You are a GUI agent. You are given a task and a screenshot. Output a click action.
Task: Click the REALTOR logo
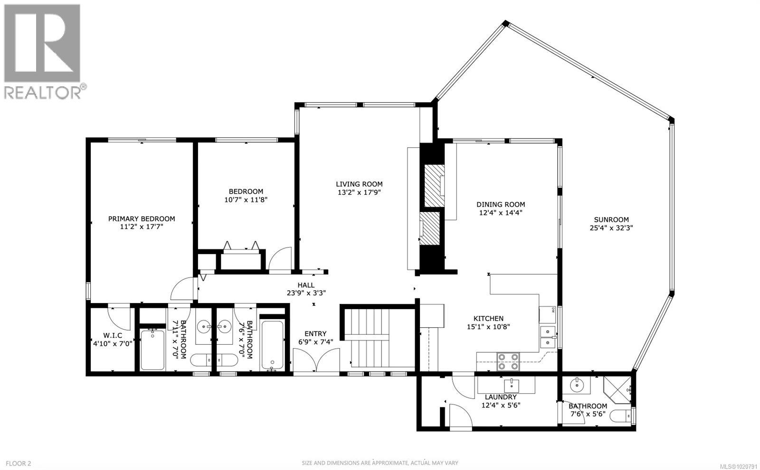pyautogui.click(x=42, y=51)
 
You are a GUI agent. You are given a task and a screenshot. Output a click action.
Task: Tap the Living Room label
pyautogui.click(x=359, y=184)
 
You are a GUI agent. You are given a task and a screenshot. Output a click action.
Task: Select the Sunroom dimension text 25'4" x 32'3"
pyautogui.click(x=611, y=228)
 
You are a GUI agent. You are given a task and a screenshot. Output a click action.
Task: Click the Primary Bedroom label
pyautogui.click(x=142, y=219)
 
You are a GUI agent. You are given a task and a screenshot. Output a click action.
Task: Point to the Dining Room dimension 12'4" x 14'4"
pyautogui.click(x=501, y=212)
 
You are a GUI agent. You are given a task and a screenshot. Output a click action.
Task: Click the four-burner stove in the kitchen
pyautogui.click(x=508, y=361)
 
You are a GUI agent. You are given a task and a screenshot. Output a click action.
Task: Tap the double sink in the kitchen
pyautogui.click(x=549, y=336)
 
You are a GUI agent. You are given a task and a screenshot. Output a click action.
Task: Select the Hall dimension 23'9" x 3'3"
pyautogui.click(x=306, y=293)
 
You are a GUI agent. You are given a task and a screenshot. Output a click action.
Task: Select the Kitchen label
pyautogui.click(x=488, y=318)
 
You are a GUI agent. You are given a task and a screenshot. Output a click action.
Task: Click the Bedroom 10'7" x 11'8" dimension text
pyautogui.click(x=246, y=200)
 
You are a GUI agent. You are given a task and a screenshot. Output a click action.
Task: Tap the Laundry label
pyautogui.click(x=501, y=397)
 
